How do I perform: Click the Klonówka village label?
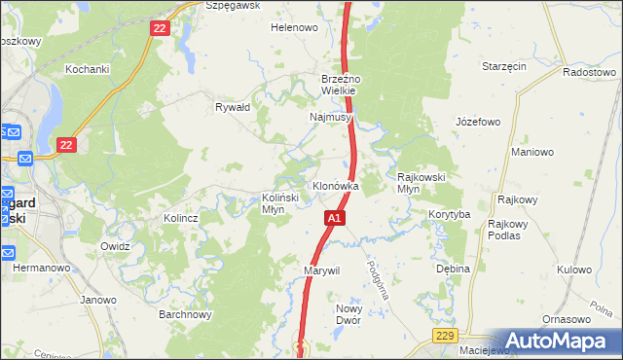pos(335,185)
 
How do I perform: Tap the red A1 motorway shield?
pos(334,219)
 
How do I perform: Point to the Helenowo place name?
pos(294,28)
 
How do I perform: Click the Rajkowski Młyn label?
pos(421,183)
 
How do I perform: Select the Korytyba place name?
pos(449,214)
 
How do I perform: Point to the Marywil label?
pos(321,270)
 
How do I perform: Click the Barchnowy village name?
pos(185,314)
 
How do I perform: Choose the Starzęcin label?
pos(504,66)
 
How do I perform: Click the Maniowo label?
pos(532,152)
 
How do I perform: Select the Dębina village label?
pos(453,269)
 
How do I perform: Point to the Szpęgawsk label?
pos(229,5)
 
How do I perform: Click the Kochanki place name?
pos(86,69)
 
